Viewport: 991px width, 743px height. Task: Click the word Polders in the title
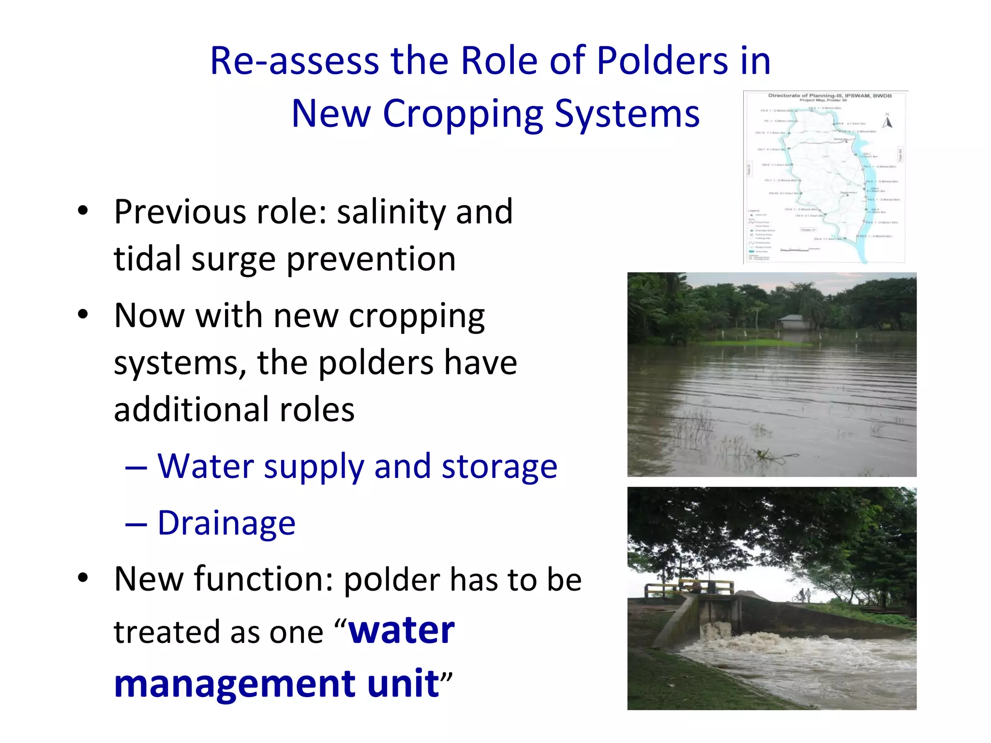pyautogui.click(x=662, y=61)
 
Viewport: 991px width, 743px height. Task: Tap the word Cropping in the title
pyautogui.click(x=463, y=114)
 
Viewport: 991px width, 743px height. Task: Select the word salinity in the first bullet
pyautogui.click(x=391, y=212)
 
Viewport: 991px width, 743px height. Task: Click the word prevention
pyautogui.click(x=371, y=259)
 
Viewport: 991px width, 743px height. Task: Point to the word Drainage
pyautogui.click(x=226, y=523)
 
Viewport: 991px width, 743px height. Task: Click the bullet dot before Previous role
pyautogui.click(x=83, y=211)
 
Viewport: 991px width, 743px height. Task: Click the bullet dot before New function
pyautogui.click(x=83, y=578)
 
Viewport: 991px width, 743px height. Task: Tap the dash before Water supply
pyautogui.click(x=136, y=468)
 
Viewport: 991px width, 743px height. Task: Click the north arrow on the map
pyautogui.click(x=887, y=121)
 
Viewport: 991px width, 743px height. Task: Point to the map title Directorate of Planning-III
pyautogui.click(x=829, y=95)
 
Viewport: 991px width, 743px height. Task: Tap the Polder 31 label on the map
pyautogui.click(x=808, y=230)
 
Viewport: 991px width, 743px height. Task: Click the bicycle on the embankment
pyautogui.click(x=797, y=599)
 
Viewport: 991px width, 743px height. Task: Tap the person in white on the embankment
pyautogui.click(x=808, y=594)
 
